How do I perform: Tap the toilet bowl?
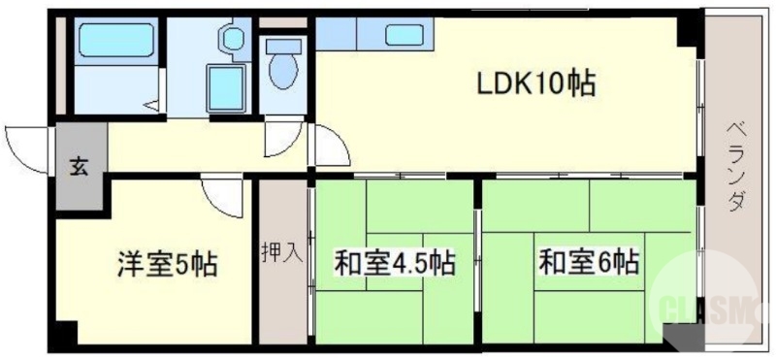(284, 71)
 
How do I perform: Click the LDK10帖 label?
(534, 84)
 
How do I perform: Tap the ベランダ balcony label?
(735, 166)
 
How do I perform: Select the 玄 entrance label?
(78, 166)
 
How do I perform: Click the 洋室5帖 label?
(167, 262)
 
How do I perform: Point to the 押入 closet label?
(282, 254)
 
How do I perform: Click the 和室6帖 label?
(589, 261)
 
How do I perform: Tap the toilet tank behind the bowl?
(284, 45)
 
